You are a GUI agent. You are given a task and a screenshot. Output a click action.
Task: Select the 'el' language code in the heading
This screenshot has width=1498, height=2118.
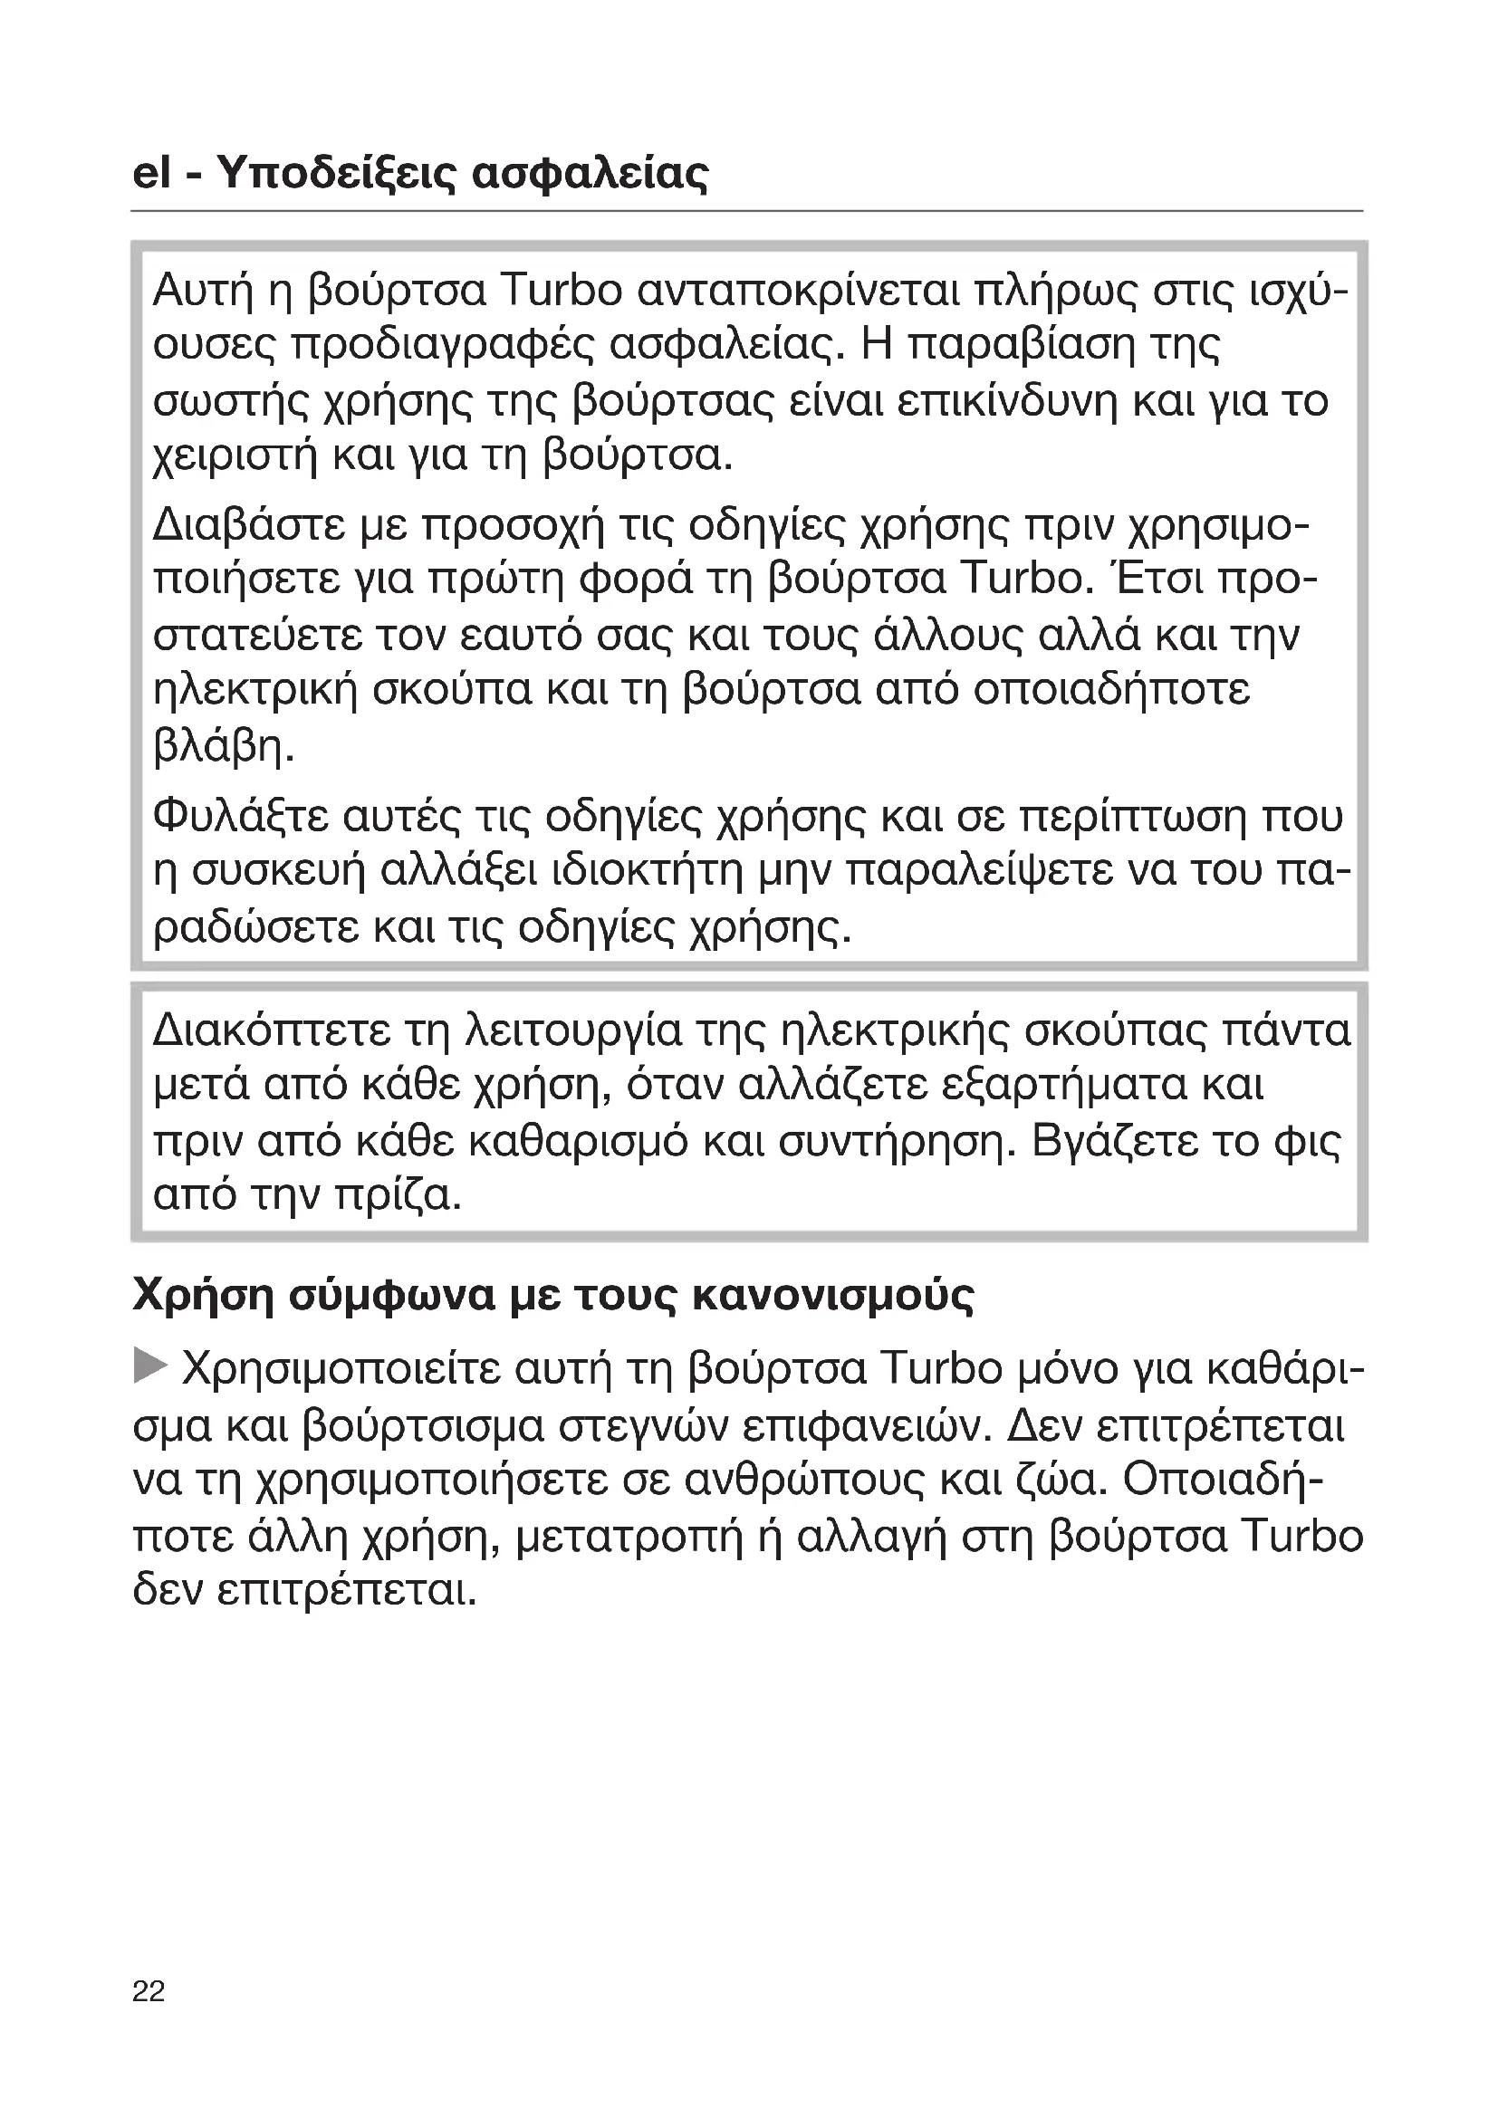pyautogui.click(x=151, y=173)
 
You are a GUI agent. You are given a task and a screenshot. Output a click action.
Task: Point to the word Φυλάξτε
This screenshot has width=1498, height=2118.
pyautogui.click(x=241, y=816)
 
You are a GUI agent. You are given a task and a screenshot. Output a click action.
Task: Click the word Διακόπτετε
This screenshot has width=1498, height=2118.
pyautogui.click(x=272, y=1030)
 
